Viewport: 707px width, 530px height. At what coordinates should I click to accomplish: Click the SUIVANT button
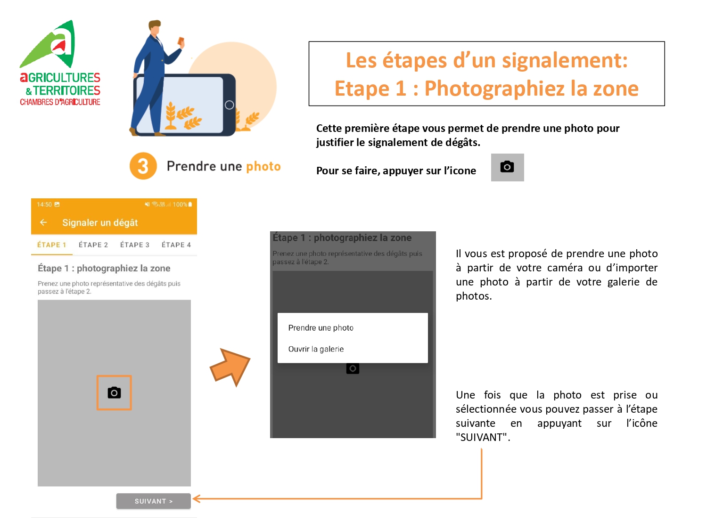(153, 501)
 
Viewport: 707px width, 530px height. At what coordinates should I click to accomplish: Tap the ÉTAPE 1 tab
(51, 245)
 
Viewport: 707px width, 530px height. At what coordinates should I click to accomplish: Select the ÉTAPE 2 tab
(93, 245)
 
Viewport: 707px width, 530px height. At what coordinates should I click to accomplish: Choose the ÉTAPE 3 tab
(135, 245)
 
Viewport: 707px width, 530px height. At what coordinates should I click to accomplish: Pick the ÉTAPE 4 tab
(176, 245)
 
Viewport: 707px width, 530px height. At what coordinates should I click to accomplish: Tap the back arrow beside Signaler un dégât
(43, 222)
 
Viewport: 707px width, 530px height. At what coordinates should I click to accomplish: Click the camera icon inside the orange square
(114, 392)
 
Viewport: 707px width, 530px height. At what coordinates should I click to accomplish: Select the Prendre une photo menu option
(321, 327)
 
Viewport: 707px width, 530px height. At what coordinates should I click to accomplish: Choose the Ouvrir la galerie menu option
(316, 349)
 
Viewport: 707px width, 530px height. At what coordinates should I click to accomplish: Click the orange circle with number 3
(143, 166)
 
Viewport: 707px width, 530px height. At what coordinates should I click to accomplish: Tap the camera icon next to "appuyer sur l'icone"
(507, 167)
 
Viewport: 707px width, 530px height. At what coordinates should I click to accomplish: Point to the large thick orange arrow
(230, 367)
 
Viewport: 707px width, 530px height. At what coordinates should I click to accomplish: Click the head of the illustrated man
(155, 28)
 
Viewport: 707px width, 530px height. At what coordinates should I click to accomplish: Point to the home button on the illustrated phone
(229, 105)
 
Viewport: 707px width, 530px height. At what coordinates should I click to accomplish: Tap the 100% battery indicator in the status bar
(182, 204)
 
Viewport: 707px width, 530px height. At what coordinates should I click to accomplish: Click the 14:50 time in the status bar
(44, 204)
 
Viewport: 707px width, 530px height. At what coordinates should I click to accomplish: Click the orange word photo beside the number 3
(263, 166)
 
